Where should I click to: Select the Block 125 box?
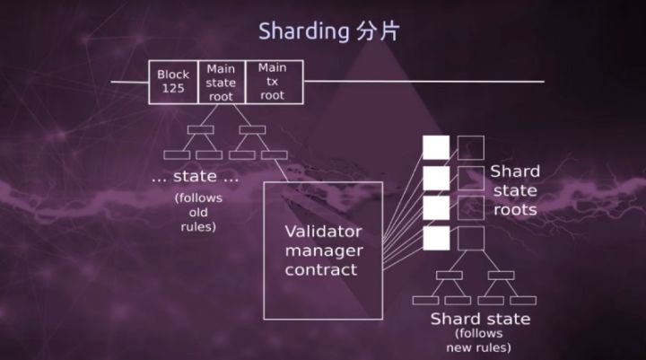[x=173, y=82]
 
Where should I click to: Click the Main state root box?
[x=222, y=82]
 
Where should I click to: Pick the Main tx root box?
[x=274, y=82]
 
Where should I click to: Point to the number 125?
[x=173, y=88]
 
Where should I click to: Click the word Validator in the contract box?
[x=323, y=232]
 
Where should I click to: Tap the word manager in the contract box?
[x=324, y=251]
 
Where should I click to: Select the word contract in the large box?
[x=321, y=269]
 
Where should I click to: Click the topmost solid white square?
[x=436, y=147]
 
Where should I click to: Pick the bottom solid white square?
[x=436, y=238]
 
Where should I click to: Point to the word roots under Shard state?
[x=515, y=210]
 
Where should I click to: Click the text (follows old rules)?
[x=198, y=212]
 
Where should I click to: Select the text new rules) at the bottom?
[x=479, y=347]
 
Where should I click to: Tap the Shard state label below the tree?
[x=480, y=319]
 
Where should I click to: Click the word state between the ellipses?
[x=195, y=177]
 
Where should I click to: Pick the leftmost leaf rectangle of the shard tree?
[x=425, y=301]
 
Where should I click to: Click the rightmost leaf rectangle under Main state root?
[x=275, y=155]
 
